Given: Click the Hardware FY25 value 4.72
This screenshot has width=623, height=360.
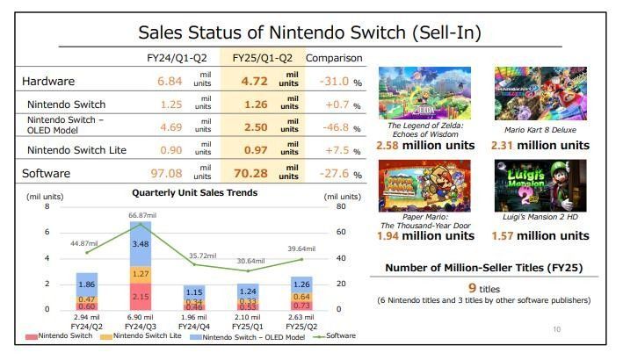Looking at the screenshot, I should [x=250, y=81].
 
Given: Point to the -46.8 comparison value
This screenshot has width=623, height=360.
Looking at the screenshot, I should [x=330, y=126].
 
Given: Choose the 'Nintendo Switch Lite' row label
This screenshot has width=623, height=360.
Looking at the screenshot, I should [x=76, y=150].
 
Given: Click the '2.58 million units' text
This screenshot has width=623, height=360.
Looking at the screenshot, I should [x=424, y=144].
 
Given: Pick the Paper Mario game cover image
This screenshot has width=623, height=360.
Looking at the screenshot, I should [x=424, y=185].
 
